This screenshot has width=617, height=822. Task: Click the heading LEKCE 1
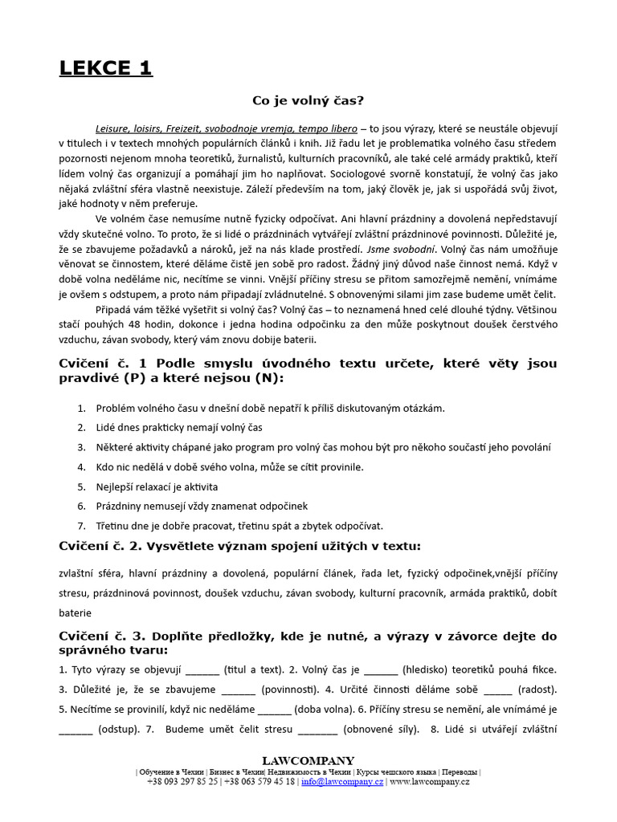click(105, 68)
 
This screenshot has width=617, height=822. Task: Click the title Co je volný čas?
click(308, 100)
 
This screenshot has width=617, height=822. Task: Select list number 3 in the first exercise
click(81, 447)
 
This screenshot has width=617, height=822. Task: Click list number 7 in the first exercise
click(81, 526)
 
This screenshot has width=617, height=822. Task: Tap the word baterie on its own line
click(76, 612)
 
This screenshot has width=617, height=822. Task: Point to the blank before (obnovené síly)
click(318, 730)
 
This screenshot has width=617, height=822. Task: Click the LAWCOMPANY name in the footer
click(308, 760)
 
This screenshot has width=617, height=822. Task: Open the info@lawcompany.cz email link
click(342, 782)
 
